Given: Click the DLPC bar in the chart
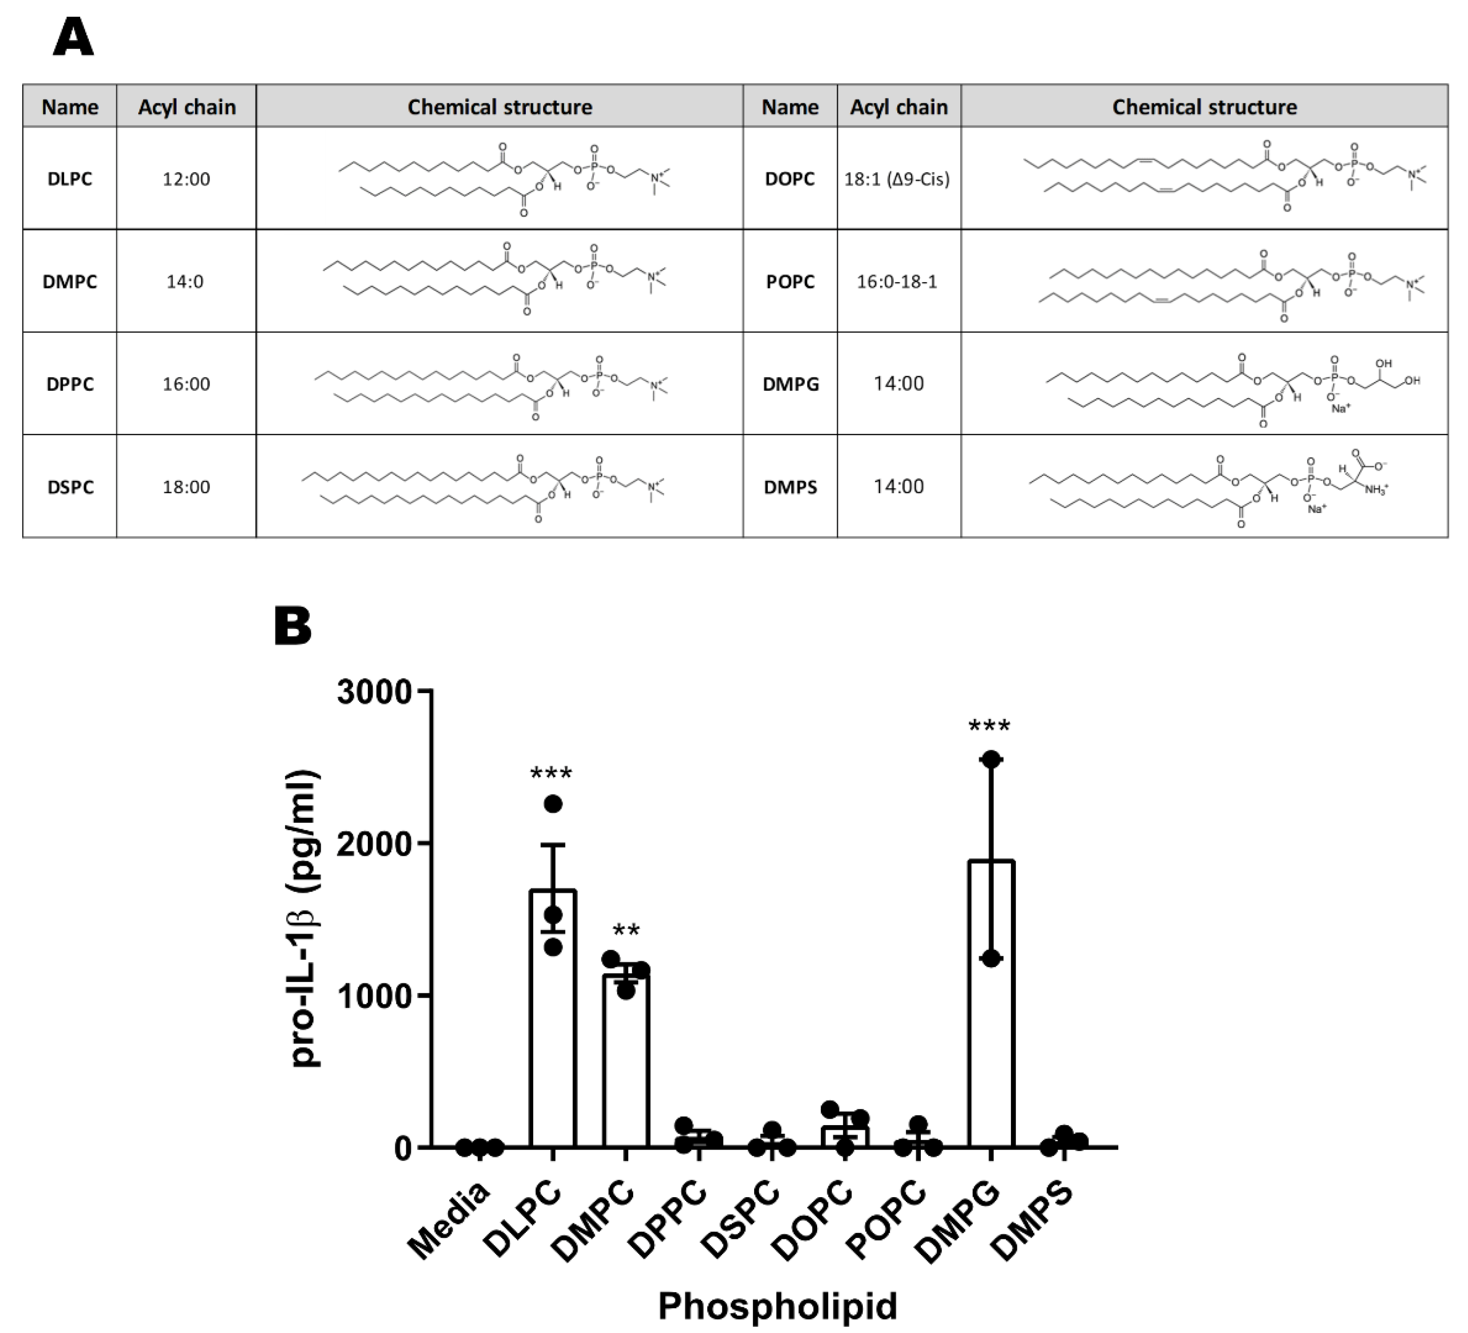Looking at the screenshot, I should [553, 1019].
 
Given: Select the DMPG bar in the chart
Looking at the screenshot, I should [991, 1005].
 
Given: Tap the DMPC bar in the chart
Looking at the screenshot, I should [626, 1063].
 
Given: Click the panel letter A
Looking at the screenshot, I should [73, 38].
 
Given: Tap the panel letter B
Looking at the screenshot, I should [293, 627].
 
